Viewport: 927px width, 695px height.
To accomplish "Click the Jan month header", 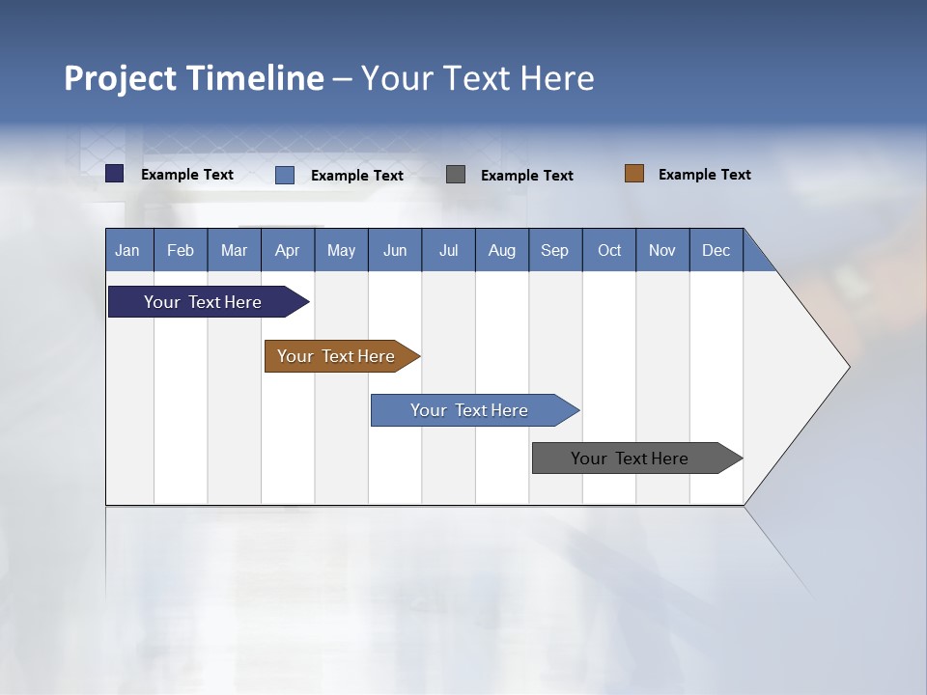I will (x=128, y=250).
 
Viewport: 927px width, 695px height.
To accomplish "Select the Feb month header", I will (x=181, y=250).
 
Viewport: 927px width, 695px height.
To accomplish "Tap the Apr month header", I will (x=288, y=250).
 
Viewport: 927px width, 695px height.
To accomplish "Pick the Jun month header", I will (x=395, y=250).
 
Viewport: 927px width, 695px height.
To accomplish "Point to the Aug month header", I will (x=502, y=250).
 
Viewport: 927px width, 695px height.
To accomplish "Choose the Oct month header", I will (x=609, y=250).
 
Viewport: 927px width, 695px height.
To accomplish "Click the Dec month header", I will (x=716, y=250).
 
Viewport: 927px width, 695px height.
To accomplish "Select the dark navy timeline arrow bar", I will (x=204, y=302).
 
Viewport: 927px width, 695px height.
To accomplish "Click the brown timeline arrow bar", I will (x=337, y=356).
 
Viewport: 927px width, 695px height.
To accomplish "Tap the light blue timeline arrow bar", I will (x=469, y=410).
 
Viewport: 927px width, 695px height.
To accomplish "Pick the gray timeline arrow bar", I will (x=631, y=459).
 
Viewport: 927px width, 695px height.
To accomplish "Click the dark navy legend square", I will (x=115, y=174).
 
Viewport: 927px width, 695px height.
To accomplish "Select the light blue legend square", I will (x=285, y=175).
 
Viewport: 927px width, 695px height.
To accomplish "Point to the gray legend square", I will (x=456, y=174).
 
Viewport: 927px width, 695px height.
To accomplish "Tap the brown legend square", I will (x=634, y=174).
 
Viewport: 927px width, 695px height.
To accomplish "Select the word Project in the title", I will (x=121, y=78).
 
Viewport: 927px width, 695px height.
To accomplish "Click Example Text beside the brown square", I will (x=704, y=175).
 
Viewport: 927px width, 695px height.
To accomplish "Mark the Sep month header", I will (x=554, y=250).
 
